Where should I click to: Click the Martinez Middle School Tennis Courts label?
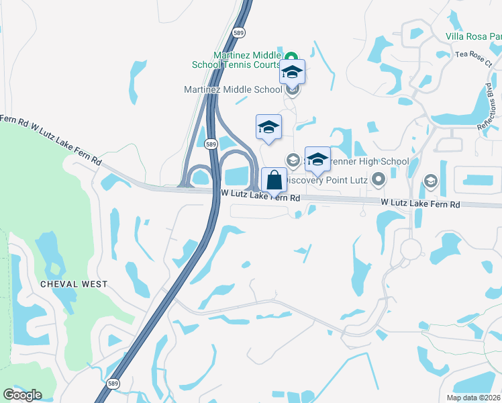246,60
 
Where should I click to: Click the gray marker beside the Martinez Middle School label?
291,89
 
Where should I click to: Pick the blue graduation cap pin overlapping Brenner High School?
317,159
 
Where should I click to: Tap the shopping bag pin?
274,180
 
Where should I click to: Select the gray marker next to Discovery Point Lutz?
378,179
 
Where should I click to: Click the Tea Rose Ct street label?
473,56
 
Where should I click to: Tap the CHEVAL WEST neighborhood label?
74,284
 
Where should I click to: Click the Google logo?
22,395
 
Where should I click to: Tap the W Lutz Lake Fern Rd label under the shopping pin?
260,196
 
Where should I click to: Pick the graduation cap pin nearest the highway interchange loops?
268,126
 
